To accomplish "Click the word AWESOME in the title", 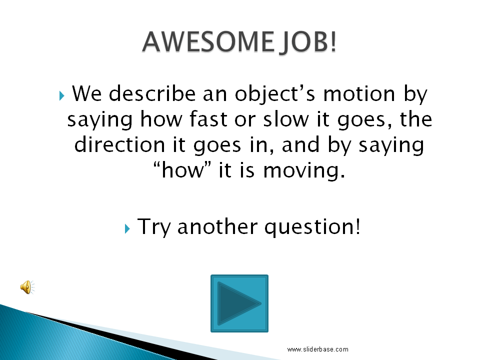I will pos(204,41).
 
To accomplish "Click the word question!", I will pos(312,227).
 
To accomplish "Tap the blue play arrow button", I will pos(239,303).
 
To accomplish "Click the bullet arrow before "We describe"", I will pos(61,95).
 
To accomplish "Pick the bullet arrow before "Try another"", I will pos(127,228).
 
